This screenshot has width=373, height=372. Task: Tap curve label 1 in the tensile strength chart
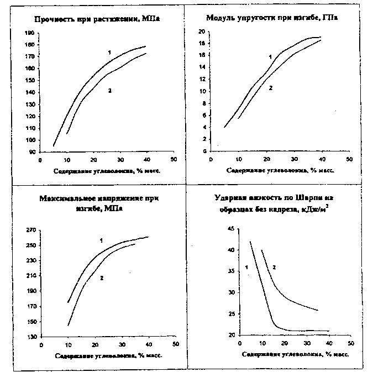[109, 53]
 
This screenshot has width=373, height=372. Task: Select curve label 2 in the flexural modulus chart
[270, 88]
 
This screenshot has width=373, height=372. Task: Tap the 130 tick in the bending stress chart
[30, 337]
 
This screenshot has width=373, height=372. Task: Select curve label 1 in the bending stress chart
[102, 240]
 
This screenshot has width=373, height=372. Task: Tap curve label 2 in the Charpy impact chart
[274, 268]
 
